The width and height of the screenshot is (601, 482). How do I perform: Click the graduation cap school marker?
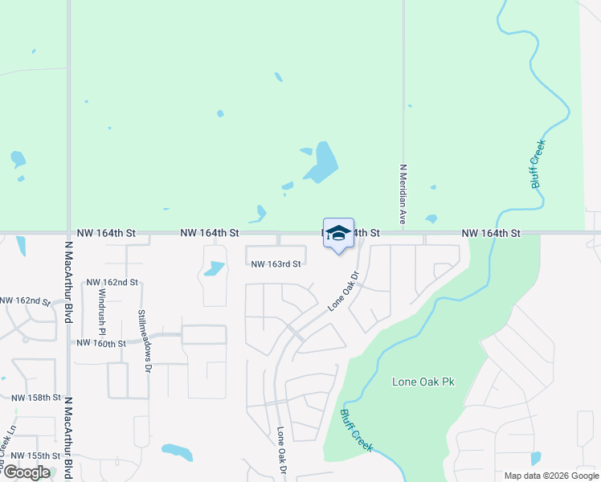338,233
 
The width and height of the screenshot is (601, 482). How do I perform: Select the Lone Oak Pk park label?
423,382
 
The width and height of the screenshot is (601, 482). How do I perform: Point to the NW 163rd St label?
276,263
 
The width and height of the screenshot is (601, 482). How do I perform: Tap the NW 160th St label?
101,343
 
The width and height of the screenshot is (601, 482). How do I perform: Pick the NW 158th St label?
37,398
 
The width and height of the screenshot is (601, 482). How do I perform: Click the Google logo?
27,472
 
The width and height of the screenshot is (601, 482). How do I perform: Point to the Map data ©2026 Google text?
552,476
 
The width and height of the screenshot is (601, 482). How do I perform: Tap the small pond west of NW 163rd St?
214,268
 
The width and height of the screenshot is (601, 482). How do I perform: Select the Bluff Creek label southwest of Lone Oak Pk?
356,430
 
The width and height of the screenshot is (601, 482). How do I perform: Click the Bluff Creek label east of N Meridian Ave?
538,165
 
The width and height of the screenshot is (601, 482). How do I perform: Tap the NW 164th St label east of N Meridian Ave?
492,233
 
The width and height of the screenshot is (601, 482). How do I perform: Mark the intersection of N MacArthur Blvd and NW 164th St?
68,233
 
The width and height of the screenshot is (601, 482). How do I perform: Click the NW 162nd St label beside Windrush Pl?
112,283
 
